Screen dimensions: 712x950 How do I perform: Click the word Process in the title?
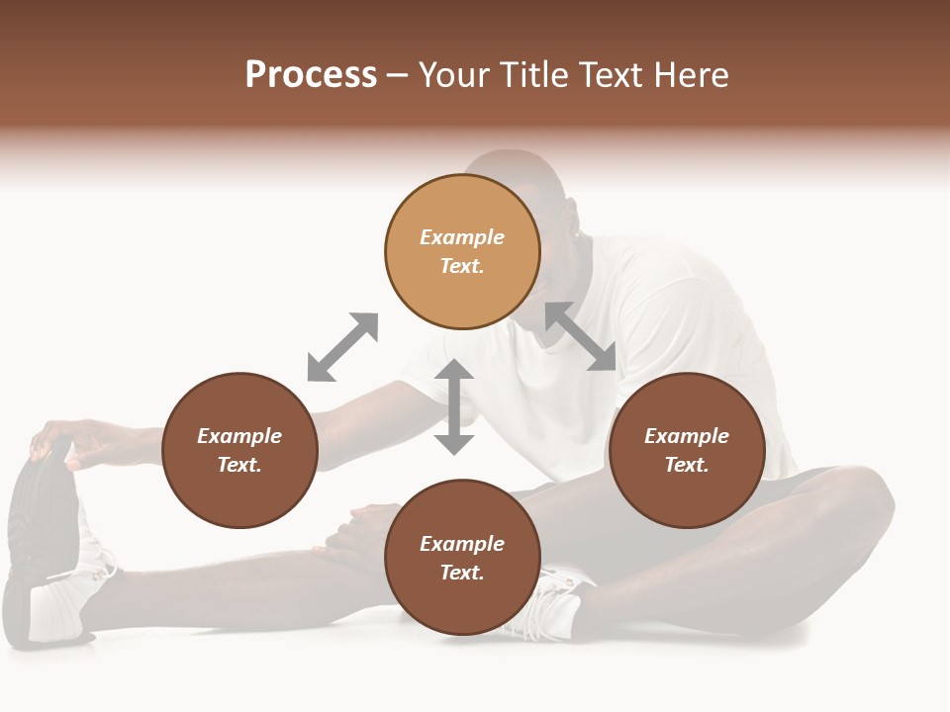[x=311, y=75]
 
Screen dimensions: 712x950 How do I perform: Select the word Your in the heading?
[x=452, y=75]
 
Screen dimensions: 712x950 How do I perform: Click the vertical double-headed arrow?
[x=454, y=406]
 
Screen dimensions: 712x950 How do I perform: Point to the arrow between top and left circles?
[x=342, y=347]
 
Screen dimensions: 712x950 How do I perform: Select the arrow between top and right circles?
[x=581, y=337]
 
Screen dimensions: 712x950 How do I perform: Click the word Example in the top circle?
[x=462, y=237]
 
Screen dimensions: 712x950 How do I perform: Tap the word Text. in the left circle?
[x=239, y=465]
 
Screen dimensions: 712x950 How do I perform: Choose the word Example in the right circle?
[x=687, y=436]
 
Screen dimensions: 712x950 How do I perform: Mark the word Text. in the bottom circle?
[x=462, y=573]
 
